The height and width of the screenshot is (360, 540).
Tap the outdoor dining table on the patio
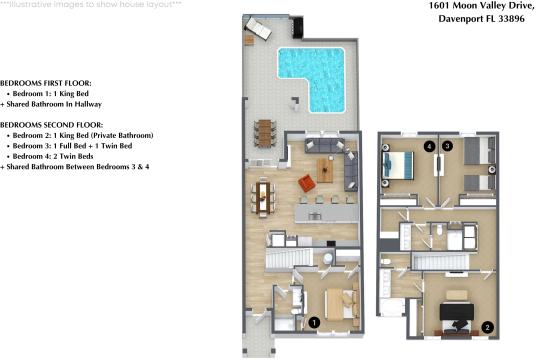click(265, 132)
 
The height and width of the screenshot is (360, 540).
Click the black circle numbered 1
click(314, 322)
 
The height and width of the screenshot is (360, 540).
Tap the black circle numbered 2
click(487, 326)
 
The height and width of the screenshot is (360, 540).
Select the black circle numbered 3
click(447, 147)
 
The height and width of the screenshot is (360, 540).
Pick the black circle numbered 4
click(428, 147)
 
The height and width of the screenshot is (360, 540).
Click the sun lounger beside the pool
click(258, 29)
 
